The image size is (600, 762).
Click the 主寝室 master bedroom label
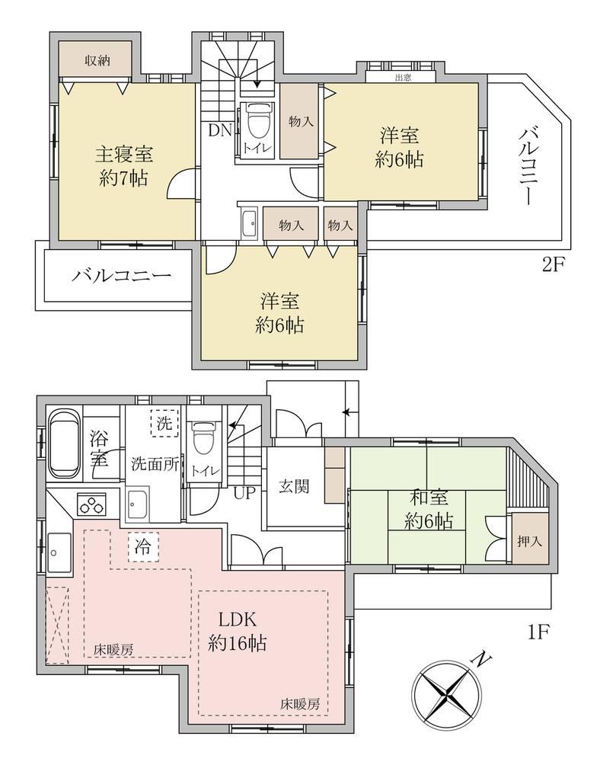pyautogui.click(x=124, y=155)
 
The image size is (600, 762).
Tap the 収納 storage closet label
pyautogui.click(x=97, y=60)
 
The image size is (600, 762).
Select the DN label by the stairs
pyautogui.click(x=220, y=130)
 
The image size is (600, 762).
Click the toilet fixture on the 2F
pyautogui.click(x=257, y=121)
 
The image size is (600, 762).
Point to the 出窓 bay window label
pyautogui.click(x=403, y=77)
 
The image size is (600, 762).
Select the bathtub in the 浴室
pyautogui.click(x=65, y=444)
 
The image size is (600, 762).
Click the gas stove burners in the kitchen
pyautogui.click(x=91, y=504)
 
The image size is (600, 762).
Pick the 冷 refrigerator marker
pyautogui.click(x=142, y=547)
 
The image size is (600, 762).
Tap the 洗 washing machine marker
pyautogui.click(x=164, y=423)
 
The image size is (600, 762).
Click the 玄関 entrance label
pyautogui.click(x=294, y=486)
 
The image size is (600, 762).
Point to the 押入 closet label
pyautogui.click(x=529, y=541)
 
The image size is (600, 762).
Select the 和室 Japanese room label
pyautogui.click(x=429, y=498)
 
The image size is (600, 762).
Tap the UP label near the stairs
pyautogui.click(x=244, y=493)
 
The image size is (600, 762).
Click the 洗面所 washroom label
pyautogui.click(x=155, y=464)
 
